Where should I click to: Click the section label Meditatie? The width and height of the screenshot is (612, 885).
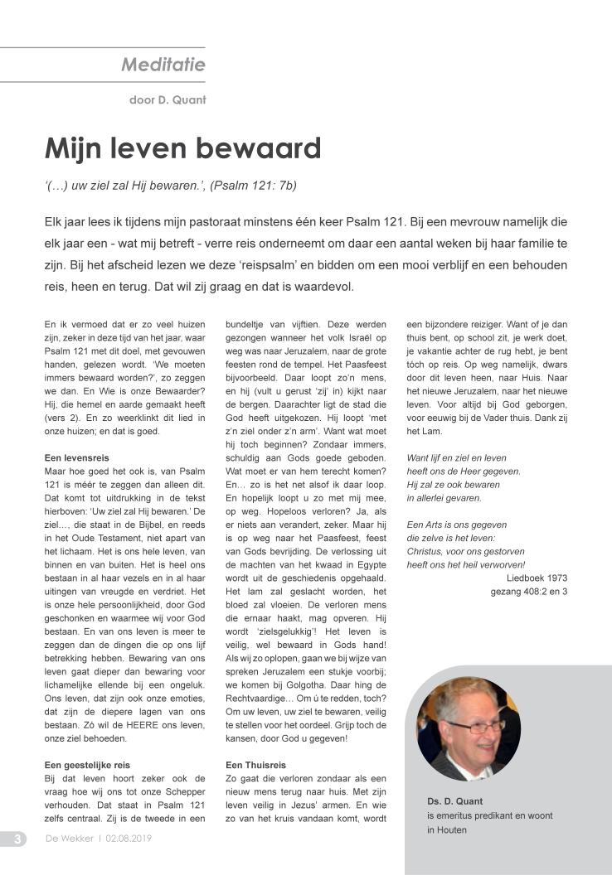coord(163,65)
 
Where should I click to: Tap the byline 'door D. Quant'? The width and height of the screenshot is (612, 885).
coord(168,101)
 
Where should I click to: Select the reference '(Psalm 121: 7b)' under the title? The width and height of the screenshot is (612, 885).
coord(253,186)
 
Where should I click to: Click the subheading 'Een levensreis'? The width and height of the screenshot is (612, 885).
coord(76,457)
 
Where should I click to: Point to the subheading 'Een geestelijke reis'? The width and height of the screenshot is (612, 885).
coord(86,764)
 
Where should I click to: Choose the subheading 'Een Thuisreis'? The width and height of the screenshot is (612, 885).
coord(255,764)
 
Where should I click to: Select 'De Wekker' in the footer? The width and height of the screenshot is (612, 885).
coord(69,839)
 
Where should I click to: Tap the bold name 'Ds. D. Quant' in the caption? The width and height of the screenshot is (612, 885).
coord(454,801)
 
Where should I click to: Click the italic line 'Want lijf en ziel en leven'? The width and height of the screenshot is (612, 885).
coord(456,457)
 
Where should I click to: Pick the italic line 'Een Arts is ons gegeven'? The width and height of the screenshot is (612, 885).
coord(456,525)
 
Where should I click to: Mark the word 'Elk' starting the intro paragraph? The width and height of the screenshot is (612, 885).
coord(55,223)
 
